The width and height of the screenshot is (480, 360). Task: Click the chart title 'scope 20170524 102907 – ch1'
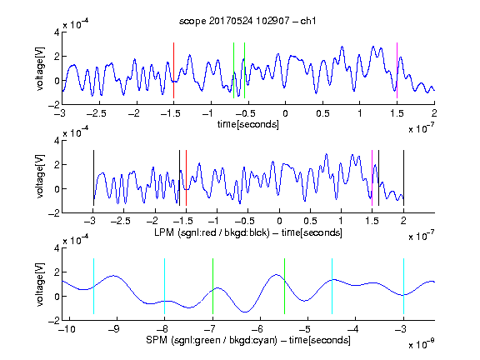tap(247, 21)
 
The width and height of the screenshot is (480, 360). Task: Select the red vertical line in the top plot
tap(173, 70)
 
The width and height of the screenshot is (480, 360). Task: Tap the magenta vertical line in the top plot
tap(397, 70)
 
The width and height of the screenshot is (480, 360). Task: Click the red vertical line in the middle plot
tap(186, 177)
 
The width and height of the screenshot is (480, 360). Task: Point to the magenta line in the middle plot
tap(372, 177)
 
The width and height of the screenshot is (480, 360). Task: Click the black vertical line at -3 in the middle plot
tap(93, 177)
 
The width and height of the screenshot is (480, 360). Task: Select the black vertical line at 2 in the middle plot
tap(403, 177)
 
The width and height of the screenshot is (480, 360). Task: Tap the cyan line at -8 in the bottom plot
tap(164, 286)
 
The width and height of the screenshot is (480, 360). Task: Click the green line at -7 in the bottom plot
tap(212, 286)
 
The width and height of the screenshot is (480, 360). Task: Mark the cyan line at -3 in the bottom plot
tap(403, 286)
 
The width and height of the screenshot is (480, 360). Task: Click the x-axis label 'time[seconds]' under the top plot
tap(248, 124)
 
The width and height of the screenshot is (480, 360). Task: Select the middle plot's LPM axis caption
tap(248, 232)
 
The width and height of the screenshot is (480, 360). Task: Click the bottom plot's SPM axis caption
tap(248, 340)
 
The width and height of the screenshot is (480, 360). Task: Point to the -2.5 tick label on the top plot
tap(96, 113)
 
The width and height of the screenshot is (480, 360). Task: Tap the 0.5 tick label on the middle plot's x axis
tap(310, 221)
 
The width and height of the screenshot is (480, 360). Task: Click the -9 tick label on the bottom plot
tap(114, 329)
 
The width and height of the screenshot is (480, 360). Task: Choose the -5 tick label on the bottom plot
tap(305, 329)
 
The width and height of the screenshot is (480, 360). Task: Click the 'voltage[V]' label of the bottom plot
tap(40, 284)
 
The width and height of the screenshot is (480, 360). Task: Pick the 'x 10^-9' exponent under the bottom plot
tap(422, 344)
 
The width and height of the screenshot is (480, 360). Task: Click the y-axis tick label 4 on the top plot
tap(57, 32)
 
